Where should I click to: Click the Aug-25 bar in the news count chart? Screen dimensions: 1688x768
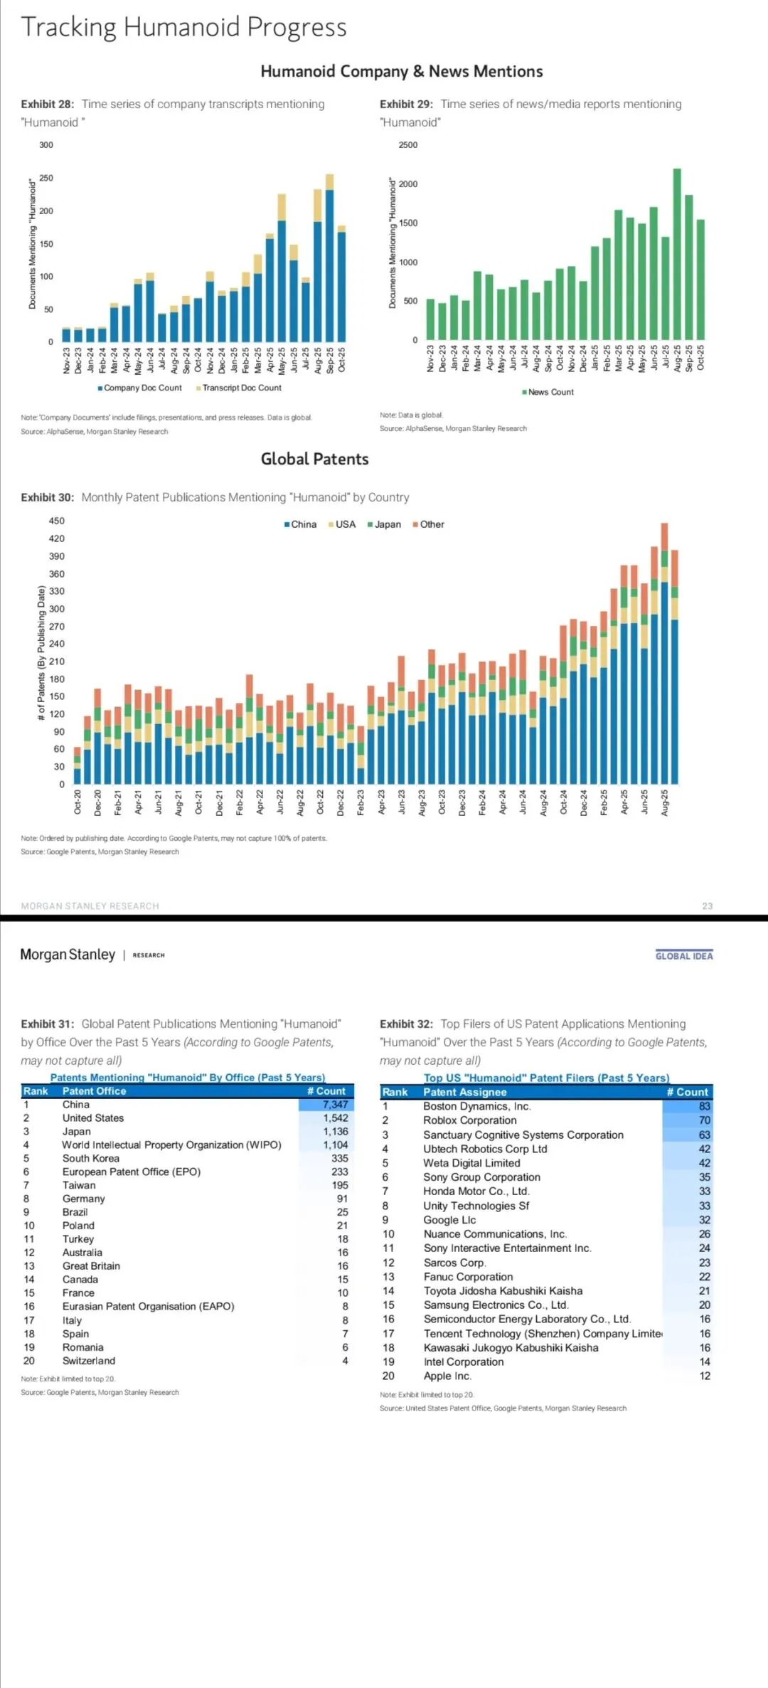point(677,255)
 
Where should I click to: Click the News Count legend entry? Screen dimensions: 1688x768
point(548,392)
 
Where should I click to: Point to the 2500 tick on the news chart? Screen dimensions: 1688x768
point(408,145)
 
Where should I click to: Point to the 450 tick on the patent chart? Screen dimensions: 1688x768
point(57,521)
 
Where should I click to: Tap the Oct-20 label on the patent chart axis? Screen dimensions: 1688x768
point(78,802)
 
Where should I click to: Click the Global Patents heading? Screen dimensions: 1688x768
point(314,459)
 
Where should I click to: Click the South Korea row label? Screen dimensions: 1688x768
point(91,1158)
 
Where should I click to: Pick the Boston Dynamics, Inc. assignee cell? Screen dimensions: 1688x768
point(477,1106)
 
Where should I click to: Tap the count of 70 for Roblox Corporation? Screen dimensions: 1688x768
point(704,1120)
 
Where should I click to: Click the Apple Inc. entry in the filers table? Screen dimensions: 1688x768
point(447,1376)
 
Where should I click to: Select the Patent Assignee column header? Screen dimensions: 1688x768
point(465,1092)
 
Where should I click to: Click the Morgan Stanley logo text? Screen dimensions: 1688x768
point(68,955)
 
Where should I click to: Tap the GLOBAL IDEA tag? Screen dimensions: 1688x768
point(683,956)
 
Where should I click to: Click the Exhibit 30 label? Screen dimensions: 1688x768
point(47,497)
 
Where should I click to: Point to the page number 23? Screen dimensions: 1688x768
point(707,906)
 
